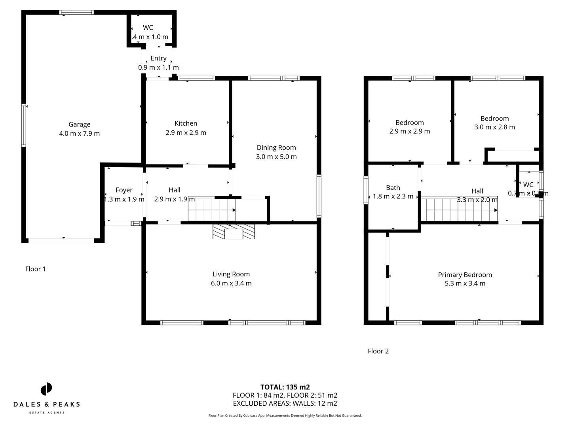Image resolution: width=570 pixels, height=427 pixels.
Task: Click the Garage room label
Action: point(79,124)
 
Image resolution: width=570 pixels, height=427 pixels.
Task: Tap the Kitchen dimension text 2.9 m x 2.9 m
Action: point(186,133)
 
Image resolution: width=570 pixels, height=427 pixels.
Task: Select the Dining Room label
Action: point(276,147)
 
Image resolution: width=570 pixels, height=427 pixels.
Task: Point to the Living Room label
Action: point(231,274)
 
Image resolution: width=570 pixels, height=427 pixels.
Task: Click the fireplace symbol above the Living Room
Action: point(234,231)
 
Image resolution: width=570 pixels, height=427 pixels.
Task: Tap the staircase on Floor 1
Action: point(212,210)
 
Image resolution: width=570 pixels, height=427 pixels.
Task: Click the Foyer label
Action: point(124,190)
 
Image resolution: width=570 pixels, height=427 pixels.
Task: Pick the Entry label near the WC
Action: point(158,58)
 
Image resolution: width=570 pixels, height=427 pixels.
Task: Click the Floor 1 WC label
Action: point(148,28)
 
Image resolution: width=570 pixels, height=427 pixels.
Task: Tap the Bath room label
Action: point(393,188)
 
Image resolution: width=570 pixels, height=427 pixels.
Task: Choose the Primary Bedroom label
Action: point(465,275)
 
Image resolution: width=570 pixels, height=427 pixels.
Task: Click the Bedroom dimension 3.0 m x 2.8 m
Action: point(494,127)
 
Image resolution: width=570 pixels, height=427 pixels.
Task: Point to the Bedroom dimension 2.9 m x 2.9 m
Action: point(409,131)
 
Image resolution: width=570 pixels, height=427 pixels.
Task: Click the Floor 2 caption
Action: point(378,351)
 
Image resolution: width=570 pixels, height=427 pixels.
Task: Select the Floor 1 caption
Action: point(36,269)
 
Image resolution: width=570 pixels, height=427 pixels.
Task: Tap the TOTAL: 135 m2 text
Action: point(285,387)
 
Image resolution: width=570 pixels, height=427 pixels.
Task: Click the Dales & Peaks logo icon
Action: point(46,389)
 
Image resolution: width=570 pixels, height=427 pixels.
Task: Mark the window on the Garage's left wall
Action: point(24,125)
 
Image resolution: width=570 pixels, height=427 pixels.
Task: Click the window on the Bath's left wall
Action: point(366,190)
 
